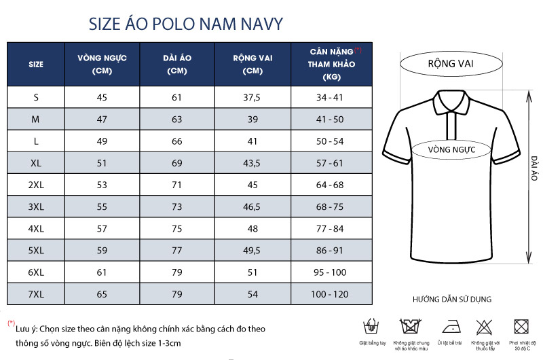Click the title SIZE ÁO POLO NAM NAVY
click(186, 24)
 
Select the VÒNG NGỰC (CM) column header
click(102, 64)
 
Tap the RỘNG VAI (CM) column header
click(252, 64)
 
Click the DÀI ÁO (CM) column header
click(177, 64)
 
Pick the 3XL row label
click(36, 206)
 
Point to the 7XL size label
click(36, 294)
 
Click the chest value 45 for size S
click(102, 97)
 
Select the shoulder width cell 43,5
click(252, 163)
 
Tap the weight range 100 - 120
click(331, 294)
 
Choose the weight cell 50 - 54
click(331, 141)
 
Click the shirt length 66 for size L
click(177, 141)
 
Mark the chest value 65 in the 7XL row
click(102, 294)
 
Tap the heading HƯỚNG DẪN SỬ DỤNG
click(451, 299)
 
